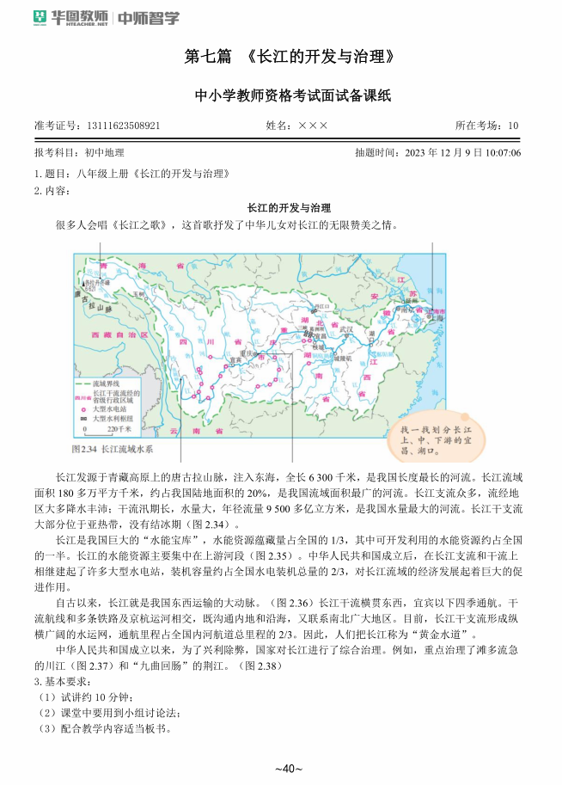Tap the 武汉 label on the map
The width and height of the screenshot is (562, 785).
pos(346,328)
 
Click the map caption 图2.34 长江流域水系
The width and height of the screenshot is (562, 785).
pos(113,448)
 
